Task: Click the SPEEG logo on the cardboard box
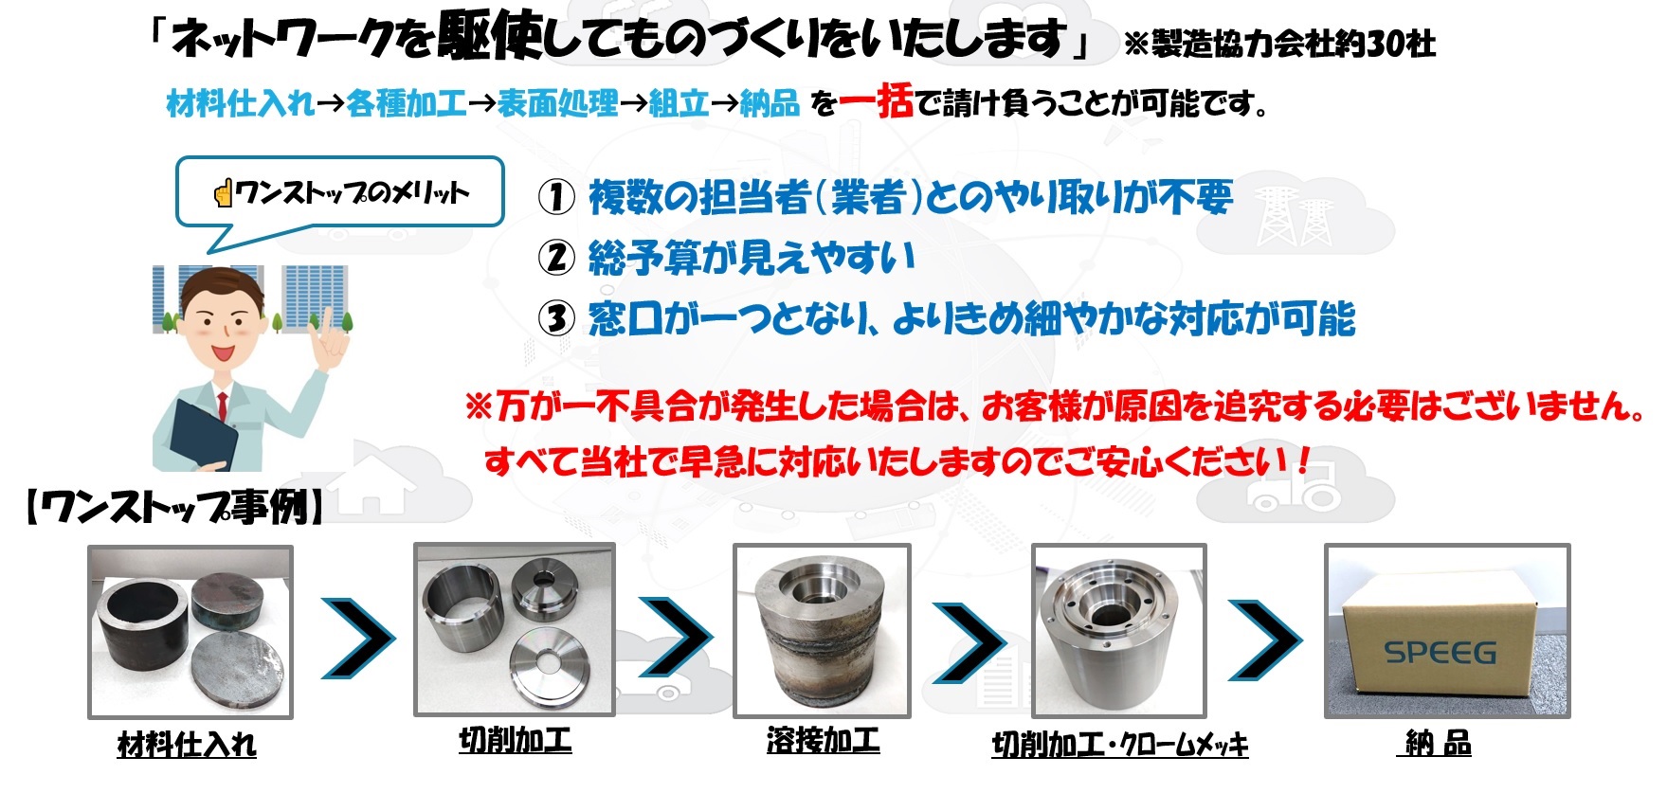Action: point(1440,653)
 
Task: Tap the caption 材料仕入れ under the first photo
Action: point(187,745)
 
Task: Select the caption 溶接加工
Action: point(823,740)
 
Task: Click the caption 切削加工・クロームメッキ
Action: point(1119,745)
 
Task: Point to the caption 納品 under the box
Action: point(1438,744)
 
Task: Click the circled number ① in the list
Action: point(556,197)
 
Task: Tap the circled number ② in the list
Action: point(556,257)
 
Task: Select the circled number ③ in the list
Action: point(556,318)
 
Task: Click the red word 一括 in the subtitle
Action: point(876,101)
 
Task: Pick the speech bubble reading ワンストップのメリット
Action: point(340,193)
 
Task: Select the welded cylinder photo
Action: point(822,630)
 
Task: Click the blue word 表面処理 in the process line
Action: point(557,103)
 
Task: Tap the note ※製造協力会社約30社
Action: point(1279,44)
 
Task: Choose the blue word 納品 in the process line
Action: point(770,103)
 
